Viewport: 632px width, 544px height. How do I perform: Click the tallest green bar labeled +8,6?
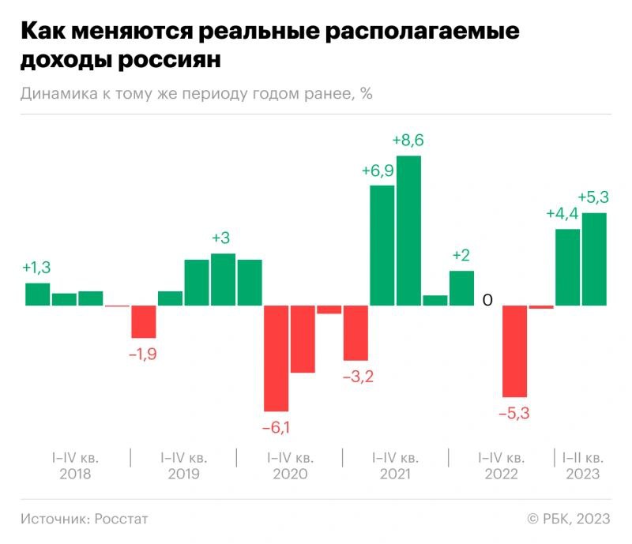coord(408,231)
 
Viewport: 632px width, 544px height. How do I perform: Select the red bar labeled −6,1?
coord(276,358)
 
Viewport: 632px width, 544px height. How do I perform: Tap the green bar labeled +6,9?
coord(382,245)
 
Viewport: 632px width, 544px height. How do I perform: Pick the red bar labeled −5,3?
coord(514,351)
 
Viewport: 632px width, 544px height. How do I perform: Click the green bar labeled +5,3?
coord(594,259)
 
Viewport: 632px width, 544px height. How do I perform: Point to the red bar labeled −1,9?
coord(143,321)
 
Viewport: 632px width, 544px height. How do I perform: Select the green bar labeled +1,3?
coord(37,294)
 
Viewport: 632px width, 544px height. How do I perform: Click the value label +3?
coord(223,238)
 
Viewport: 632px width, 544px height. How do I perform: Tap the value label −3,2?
coord(358,377)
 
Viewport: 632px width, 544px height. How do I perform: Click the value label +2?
coord(461,255)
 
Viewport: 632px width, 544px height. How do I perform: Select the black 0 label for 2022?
coord(487,300)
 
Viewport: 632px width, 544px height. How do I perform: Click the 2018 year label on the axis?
coord(76,475)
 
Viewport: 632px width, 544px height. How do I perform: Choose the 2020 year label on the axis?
coord(290,475)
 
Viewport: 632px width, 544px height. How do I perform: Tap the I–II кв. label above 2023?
coord(582,457)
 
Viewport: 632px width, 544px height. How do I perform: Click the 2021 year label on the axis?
coord(395,475)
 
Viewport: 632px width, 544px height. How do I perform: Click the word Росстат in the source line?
coord(121,519)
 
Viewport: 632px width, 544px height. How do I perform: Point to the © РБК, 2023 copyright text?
coord(569,519)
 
